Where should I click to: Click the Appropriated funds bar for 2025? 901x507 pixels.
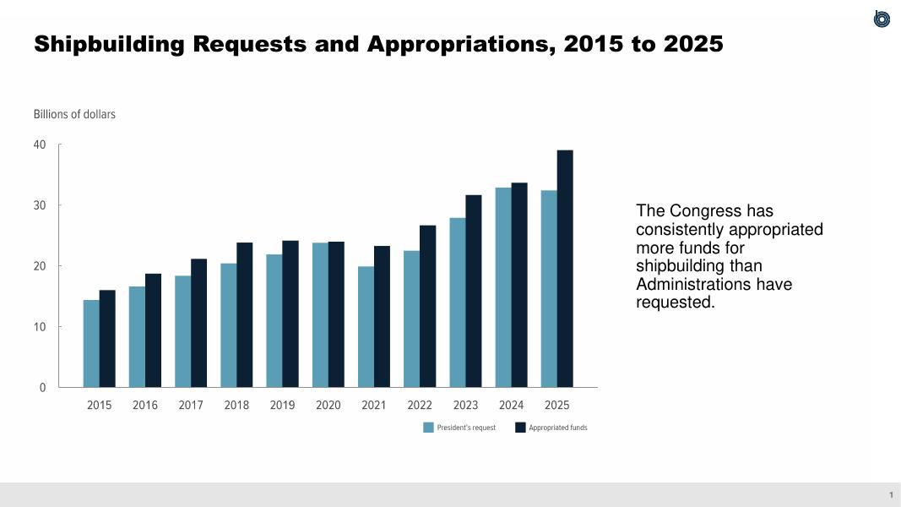click(565, 269)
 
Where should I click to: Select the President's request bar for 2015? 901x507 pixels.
click(91, 344)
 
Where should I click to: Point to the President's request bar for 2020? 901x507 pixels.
click(320, 315)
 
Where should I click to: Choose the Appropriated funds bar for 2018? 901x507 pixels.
click(245, 315)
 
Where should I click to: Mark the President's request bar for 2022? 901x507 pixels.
click(411, 319)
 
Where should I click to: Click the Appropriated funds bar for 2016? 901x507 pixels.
click(153, 330)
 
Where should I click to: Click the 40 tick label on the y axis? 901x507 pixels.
click(40, 144)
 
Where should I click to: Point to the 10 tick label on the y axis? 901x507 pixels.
click(40, 327)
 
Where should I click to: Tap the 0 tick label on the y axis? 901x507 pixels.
click(42, 388)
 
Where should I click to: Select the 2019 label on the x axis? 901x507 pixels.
click(282, 406)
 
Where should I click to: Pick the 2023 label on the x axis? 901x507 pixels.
click(465, 406)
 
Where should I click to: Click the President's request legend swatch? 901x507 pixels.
click(428, 428)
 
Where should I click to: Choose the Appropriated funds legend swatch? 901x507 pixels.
click(520, 428)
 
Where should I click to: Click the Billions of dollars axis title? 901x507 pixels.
click(74, 114)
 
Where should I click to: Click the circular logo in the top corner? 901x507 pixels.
click(882, 19)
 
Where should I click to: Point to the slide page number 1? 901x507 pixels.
click(890, 495)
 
